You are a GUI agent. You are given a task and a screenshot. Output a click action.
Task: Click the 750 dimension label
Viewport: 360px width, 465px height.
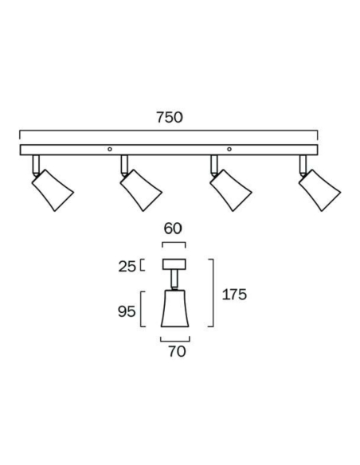pos(170,117)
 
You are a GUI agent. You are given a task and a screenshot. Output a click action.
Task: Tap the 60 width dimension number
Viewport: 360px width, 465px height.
pos(173,229)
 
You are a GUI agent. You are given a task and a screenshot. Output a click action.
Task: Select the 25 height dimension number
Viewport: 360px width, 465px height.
pos(127,267)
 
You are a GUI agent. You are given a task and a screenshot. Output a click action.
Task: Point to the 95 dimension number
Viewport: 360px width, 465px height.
pos(127,311)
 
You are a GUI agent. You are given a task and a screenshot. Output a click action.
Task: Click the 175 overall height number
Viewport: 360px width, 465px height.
pos(234,295)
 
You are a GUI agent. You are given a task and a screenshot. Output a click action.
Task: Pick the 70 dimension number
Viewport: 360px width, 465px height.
pos(177,351)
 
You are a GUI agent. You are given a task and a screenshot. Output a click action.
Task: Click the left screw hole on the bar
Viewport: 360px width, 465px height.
pos(110,149)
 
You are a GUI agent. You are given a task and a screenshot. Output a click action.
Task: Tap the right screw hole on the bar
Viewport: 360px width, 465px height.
pos(229,149)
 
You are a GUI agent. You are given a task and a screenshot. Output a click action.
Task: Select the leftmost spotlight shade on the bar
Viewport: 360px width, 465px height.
pos(53,190)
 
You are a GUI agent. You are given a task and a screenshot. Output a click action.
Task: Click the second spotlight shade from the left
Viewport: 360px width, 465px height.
pos(141,190)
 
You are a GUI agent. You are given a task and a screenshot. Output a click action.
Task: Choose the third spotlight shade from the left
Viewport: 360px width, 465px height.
pos(231,190)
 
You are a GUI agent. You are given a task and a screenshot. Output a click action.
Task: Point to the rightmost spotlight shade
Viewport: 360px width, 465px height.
pos(320,190)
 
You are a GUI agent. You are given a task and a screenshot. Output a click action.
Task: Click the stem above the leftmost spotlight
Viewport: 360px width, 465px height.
pos(36,164)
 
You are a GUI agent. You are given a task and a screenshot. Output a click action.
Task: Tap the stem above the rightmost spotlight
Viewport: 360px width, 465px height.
pos(303,164)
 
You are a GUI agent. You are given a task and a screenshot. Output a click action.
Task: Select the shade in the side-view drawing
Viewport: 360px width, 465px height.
pos(175,308)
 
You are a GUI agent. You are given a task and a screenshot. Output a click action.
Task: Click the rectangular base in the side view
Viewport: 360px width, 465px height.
pos(174,264)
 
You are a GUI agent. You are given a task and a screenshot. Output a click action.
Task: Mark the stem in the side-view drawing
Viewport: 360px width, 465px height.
pos(174,279)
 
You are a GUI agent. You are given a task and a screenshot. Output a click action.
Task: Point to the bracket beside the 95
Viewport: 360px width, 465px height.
pos(141,309)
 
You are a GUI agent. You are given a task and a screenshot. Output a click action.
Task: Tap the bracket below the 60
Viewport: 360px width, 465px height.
pos(174,243)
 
